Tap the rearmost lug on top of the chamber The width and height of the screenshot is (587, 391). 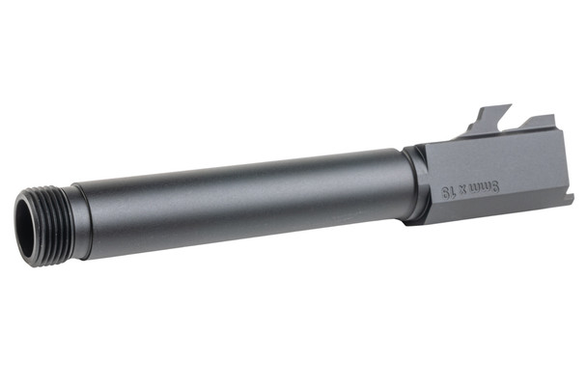[541, 124]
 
